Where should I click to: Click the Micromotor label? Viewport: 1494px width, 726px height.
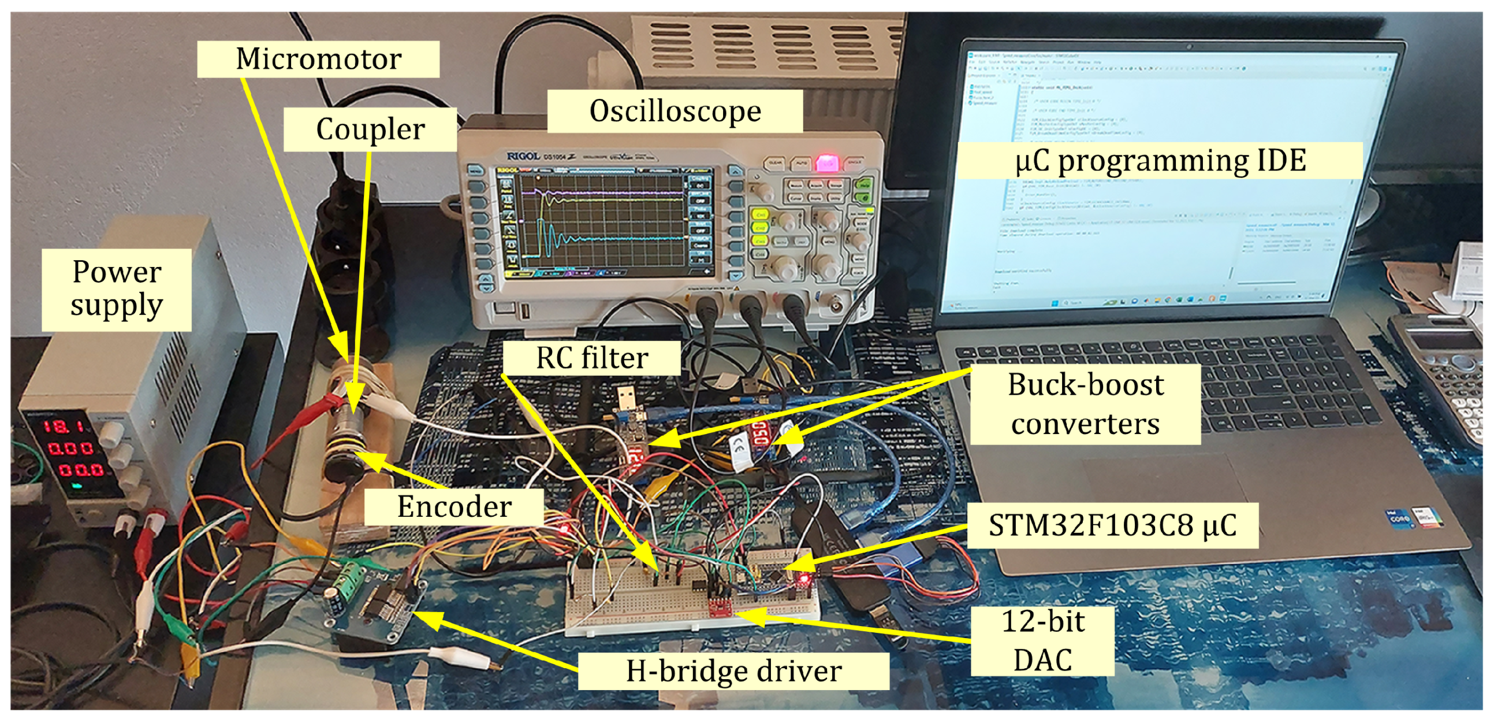318,58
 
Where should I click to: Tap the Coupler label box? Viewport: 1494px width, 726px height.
370,129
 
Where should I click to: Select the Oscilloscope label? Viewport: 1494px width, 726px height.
675,111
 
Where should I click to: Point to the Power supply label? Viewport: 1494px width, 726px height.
117,289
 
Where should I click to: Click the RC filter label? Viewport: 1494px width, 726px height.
591,357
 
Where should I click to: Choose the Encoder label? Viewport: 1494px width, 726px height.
453,506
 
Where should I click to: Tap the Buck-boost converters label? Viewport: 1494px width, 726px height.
1085,404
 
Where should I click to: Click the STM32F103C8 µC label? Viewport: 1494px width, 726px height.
1112,526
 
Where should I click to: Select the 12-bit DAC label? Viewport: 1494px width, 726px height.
1042,640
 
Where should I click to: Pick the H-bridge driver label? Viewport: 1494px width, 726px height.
733,672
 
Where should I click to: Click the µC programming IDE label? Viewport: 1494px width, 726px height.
1160,161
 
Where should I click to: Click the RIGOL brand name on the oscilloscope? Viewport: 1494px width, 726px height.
523,156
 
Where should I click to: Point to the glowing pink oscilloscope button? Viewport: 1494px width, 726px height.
826,162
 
